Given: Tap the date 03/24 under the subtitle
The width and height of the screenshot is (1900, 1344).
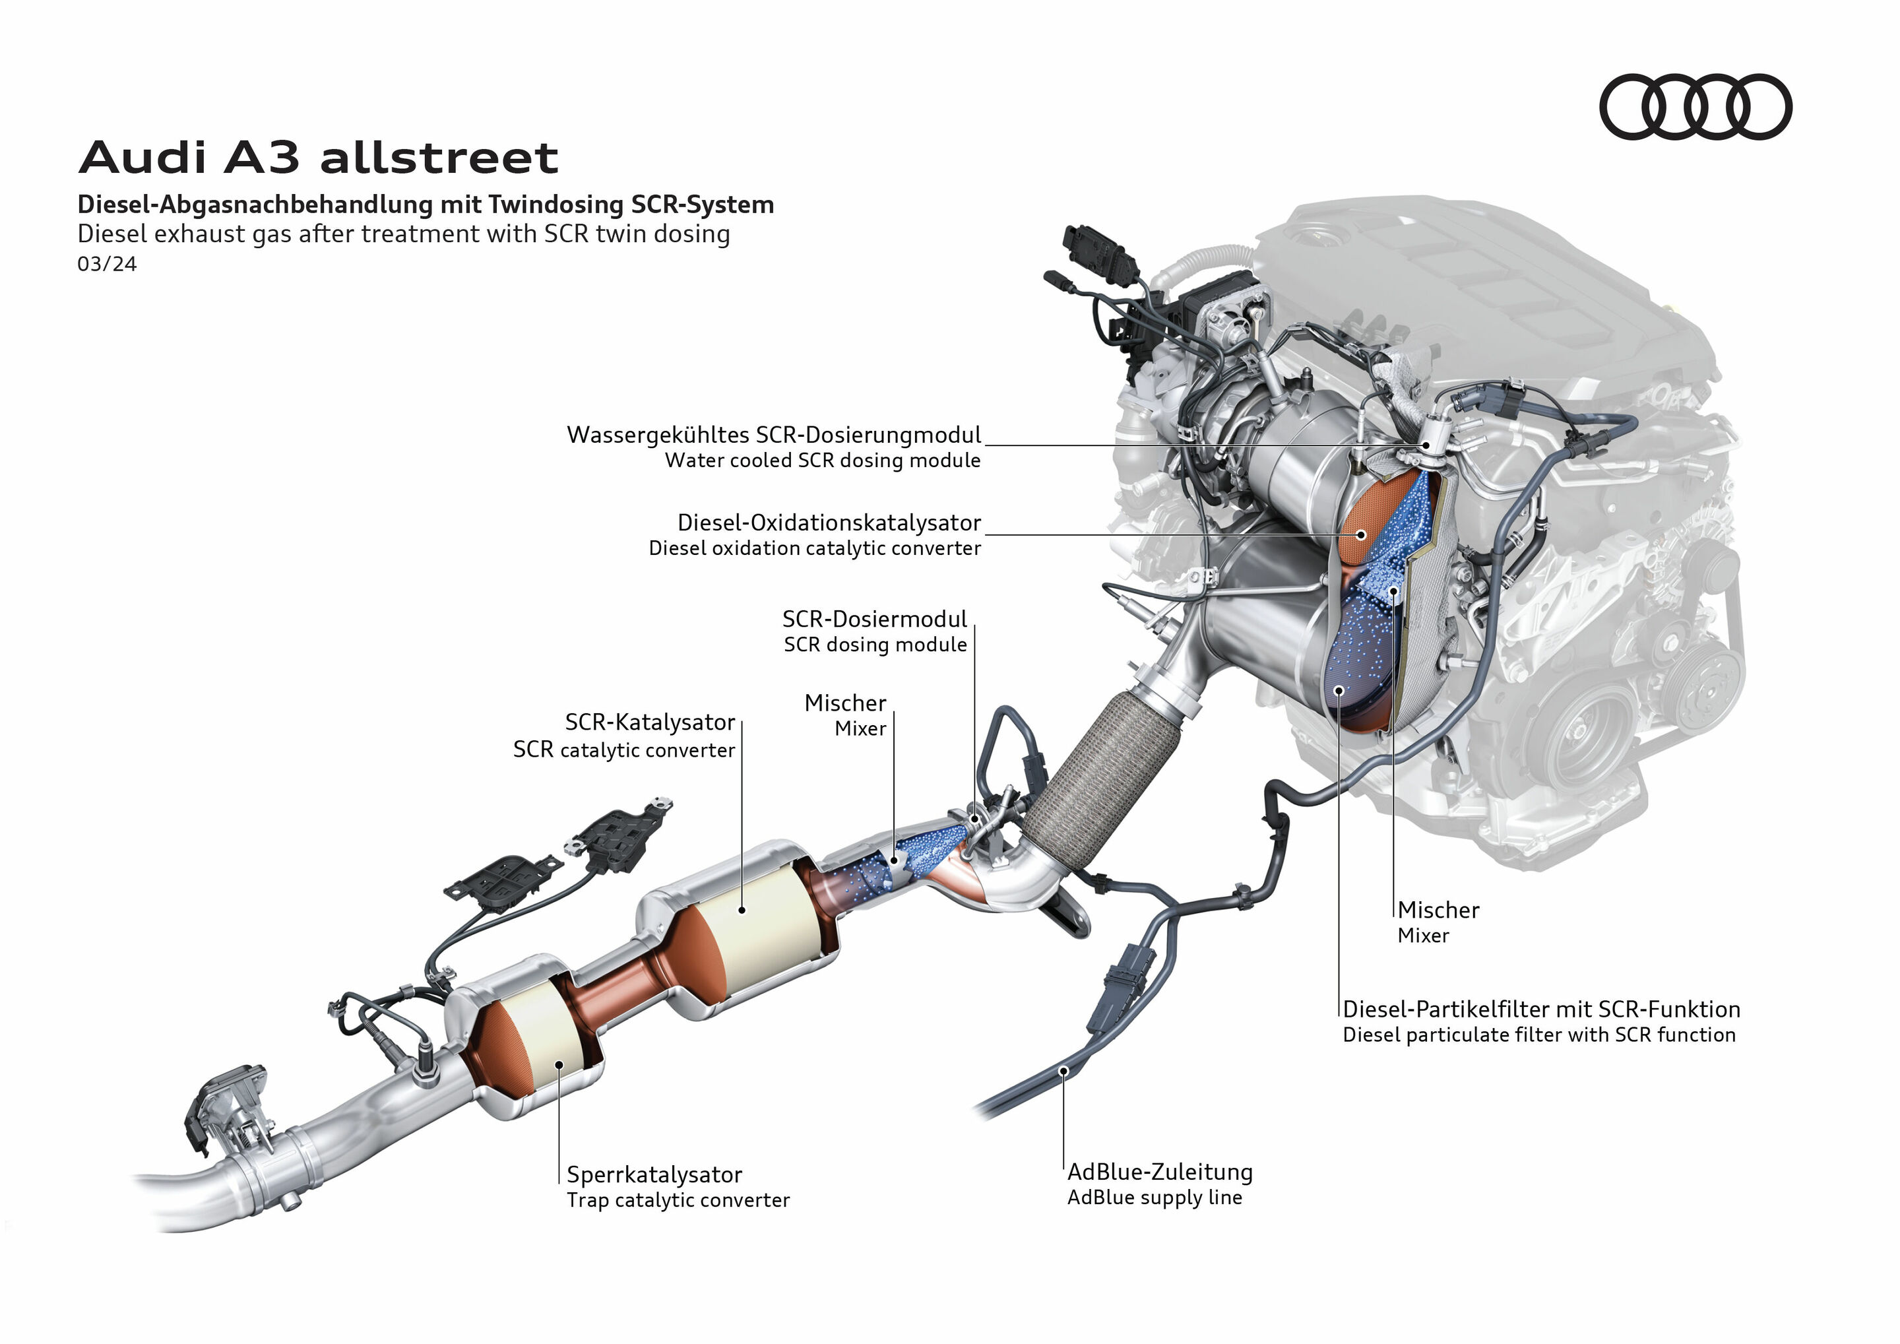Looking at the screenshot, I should [107, 264].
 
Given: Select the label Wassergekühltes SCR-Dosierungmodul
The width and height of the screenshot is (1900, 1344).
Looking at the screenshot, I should [773, 435].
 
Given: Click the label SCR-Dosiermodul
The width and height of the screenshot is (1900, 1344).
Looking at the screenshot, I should [874, 619].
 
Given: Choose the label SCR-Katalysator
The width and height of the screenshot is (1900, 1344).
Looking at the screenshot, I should [650, 722].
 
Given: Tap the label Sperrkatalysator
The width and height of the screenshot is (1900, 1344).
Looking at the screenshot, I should [654, 1174].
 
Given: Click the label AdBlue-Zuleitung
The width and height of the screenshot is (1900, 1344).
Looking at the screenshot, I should [1159, 1172].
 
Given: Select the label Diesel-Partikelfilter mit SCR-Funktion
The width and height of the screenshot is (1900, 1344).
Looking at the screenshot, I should [1541, 1009].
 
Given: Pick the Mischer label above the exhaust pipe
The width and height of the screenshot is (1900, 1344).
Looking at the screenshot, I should [845, 703].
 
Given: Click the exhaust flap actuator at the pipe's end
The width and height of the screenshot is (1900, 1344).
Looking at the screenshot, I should [228, 1109].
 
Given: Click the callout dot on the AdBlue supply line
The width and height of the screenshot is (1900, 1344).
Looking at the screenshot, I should [1064, 1071].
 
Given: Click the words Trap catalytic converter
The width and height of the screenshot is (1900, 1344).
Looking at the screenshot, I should [678, 1200].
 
